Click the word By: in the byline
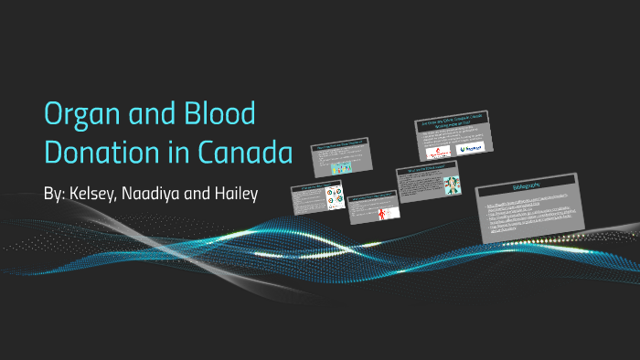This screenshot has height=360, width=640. pyautogui.click(x=54, y=196)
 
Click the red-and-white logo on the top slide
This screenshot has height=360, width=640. pyautogui.click(x=436, y=146)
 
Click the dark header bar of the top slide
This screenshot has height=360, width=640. pyautogui.click(x=452, y=124)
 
